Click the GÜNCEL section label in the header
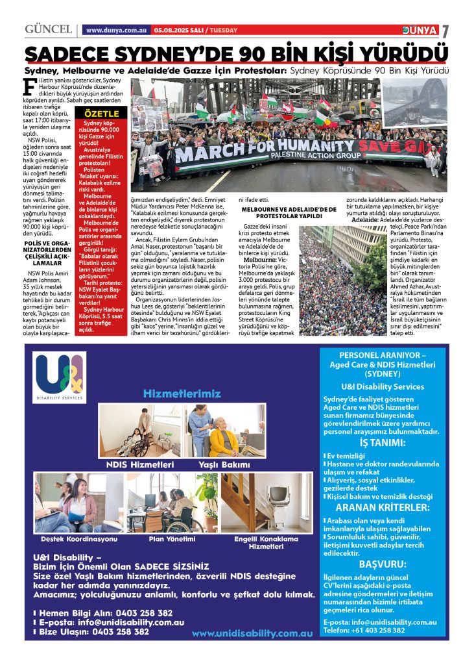tap(47, 30)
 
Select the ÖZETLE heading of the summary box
tap(98, 114)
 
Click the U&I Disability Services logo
tap(60, 377)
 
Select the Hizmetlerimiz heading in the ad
tap(182, 394)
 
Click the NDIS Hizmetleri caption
tap(140, 465)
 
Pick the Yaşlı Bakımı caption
tap(224, 465)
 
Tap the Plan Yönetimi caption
tap(172, 539)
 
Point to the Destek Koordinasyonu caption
tap(79, 539)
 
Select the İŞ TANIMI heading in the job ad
tap(383, 444)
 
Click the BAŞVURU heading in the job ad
tap(383, 564)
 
